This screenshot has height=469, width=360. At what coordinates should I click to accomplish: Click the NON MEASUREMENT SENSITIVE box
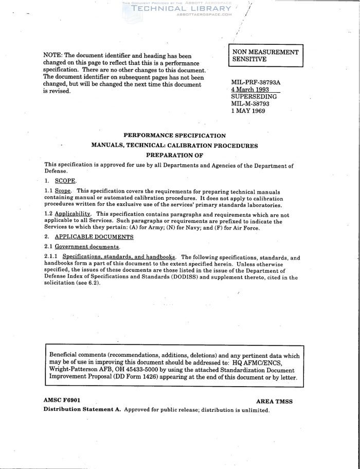click(x=265, y=56)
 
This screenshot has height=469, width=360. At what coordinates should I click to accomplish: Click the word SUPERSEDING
click(x=254, y=96)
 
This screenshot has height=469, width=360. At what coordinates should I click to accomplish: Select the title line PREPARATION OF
click(x=175, y=155)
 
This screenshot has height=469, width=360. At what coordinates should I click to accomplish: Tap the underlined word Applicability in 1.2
click(x=73, y=214)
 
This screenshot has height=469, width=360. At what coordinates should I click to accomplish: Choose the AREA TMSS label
click(x=274, y=401)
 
